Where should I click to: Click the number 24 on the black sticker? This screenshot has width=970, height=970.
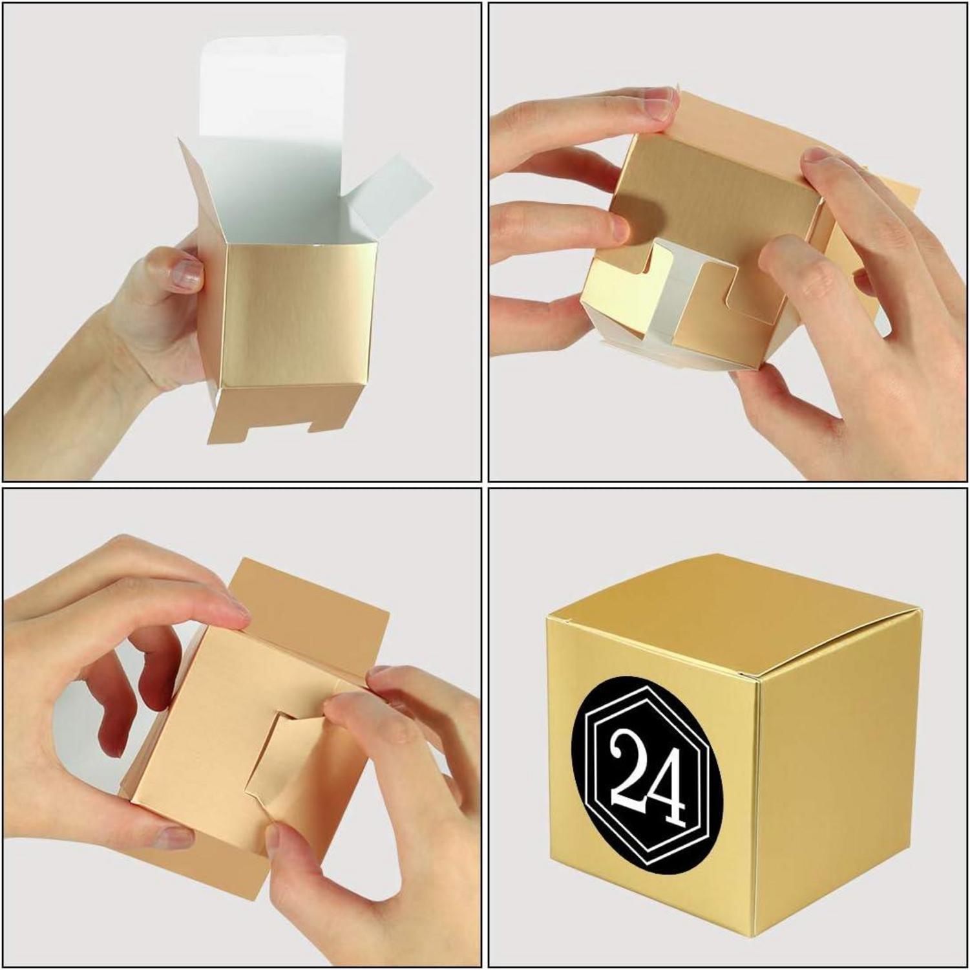point(646,773)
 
